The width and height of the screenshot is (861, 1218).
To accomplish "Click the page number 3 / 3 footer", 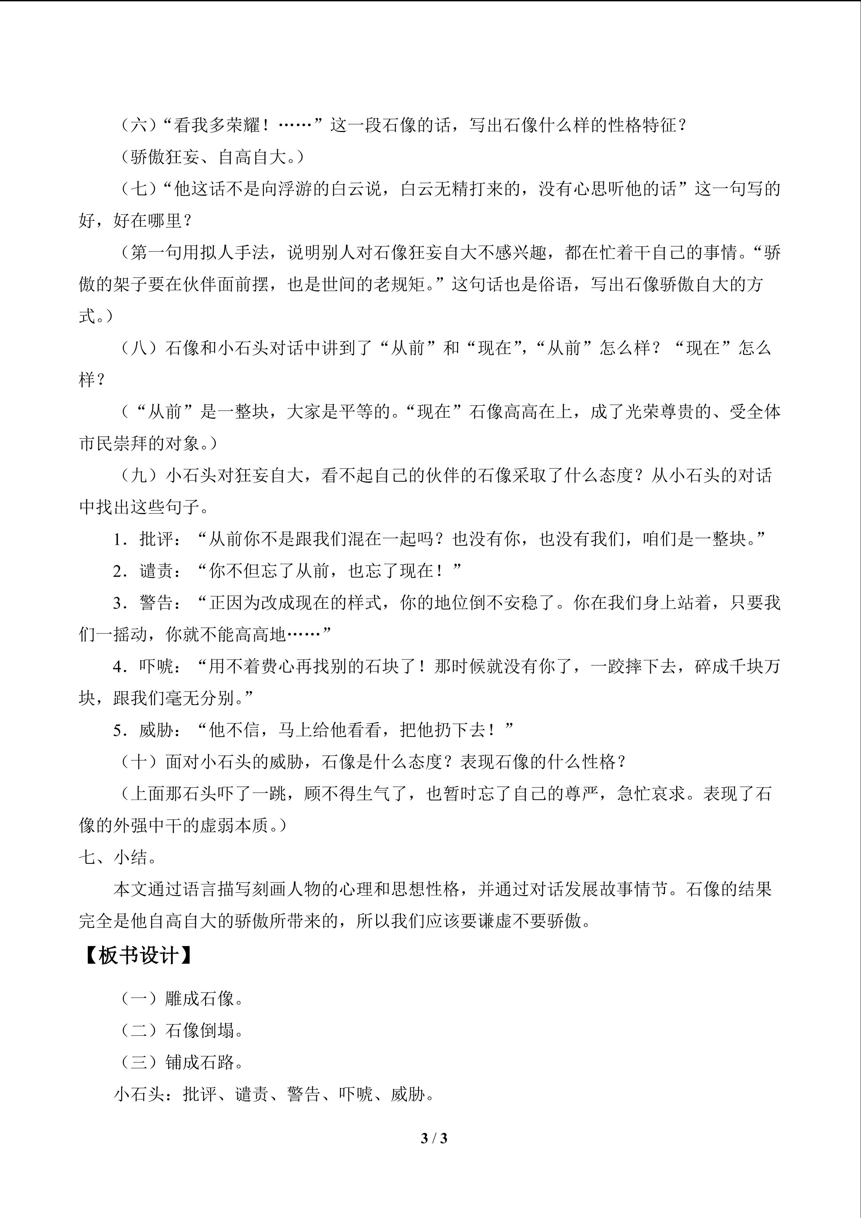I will coord(434,1138).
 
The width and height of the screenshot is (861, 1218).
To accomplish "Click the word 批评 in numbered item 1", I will coord(157,539).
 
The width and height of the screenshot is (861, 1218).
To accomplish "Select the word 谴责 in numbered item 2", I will coord(157,571).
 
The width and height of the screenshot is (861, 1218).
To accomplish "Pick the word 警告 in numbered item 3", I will coord(157,603).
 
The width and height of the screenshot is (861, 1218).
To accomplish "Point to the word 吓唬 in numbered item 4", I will coord(157,667).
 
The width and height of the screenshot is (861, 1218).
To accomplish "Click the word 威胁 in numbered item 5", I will coord(157,730).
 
